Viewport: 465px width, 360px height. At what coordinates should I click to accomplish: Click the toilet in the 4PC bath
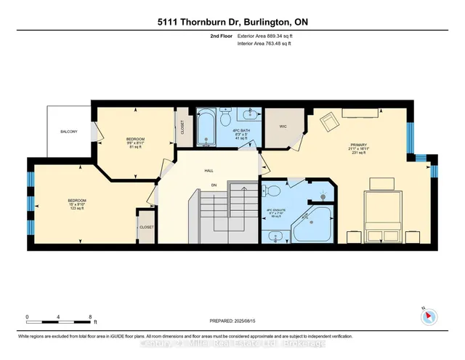[x=226, y=118]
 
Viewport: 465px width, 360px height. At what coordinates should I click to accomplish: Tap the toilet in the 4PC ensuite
[x=274, y=191]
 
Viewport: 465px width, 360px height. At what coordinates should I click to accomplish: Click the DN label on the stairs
[x=214, y=185]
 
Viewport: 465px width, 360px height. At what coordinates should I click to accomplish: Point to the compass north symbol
[x=429, y=316]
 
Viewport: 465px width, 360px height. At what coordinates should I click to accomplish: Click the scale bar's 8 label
[x=89, y=317]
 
